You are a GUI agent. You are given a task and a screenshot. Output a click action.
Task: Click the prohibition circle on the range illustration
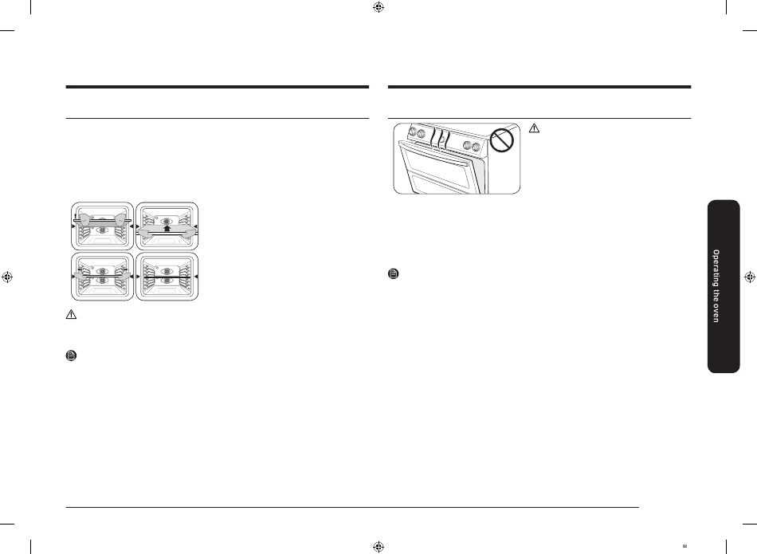pos(502,140)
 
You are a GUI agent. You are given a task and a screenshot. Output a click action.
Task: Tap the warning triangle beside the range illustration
pos(534,128)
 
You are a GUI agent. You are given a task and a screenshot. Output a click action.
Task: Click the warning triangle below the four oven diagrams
pos(71,314)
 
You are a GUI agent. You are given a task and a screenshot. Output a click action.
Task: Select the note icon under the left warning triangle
pos(71,356)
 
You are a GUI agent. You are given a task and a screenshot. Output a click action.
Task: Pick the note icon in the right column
pos(394,274)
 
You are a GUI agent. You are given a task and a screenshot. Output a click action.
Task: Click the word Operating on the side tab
pos(716,269)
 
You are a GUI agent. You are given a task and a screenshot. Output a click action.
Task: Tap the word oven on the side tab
pos(716,313)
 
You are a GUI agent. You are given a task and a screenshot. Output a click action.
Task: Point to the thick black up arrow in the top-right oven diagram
pos(167,228)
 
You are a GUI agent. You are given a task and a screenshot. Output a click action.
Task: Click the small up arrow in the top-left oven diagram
pos(76,215)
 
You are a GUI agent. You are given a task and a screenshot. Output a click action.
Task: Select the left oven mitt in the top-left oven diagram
pos(84,220)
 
